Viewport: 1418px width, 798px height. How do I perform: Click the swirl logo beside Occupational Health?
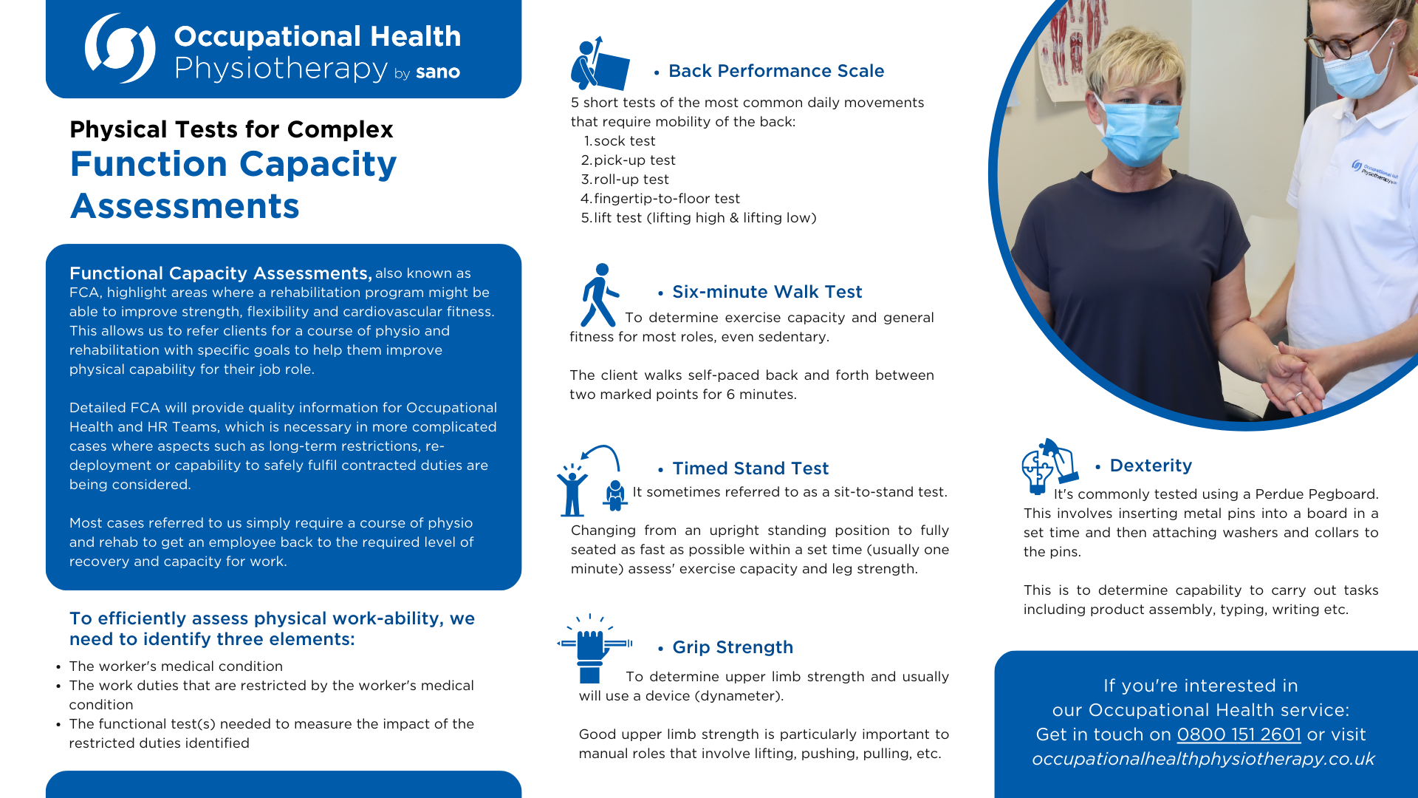120,48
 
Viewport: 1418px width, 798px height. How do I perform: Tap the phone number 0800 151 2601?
1239,734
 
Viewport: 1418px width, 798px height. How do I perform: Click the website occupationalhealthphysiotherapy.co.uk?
1203,759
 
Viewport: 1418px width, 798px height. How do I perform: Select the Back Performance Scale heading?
775,71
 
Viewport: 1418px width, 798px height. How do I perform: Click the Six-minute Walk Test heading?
767,292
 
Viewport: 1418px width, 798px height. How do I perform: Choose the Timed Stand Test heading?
750,468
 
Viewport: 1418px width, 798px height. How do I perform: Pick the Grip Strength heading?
732,647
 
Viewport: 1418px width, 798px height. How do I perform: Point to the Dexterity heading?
1151,465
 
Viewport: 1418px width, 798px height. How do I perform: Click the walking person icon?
599,295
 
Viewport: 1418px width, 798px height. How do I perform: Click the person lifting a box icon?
599,64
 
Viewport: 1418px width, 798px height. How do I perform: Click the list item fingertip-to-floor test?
666,199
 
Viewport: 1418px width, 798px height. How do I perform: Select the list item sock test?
624,141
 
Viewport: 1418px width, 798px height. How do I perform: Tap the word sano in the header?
438,72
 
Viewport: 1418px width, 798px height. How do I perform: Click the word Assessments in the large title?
185,205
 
